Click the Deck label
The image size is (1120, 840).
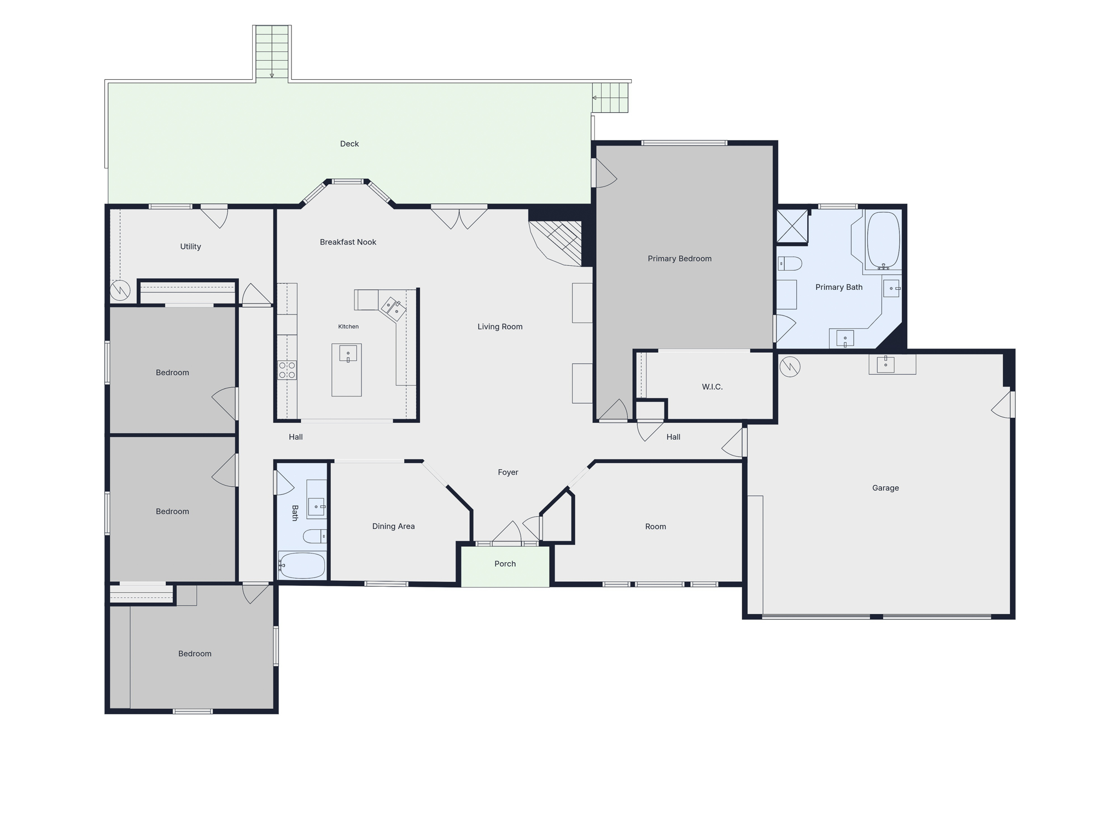coord(349,144)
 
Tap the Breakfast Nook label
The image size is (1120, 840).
coord(348,242)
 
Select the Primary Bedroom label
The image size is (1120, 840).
coord(680,259)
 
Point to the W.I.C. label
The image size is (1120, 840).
coord(712,387)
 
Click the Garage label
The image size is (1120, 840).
coord(885,488)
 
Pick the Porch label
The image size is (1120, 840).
coord(505,564)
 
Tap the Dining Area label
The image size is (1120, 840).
coord(393,526)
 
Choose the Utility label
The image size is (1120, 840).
coord(190,247)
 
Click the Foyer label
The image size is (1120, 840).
coord(508,472)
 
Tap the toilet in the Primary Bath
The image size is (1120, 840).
coord(790,264)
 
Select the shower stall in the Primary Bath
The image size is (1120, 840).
coord(792,226)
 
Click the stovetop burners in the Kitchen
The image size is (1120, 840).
coord(287,370)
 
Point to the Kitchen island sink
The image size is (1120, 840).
coord(348,353)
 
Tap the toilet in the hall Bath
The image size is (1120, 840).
coord(315,536)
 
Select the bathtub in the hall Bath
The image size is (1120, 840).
coord(302,565)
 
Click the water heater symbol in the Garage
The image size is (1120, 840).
coord(790,366)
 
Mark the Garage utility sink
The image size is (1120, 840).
coord(885,364)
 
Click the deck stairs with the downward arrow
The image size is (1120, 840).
coord(272,52)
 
